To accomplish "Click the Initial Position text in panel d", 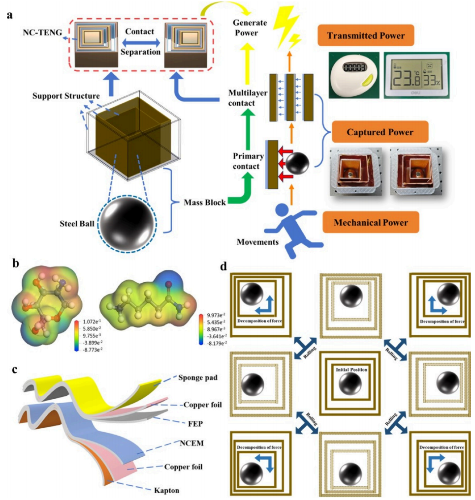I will point(349,369).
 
